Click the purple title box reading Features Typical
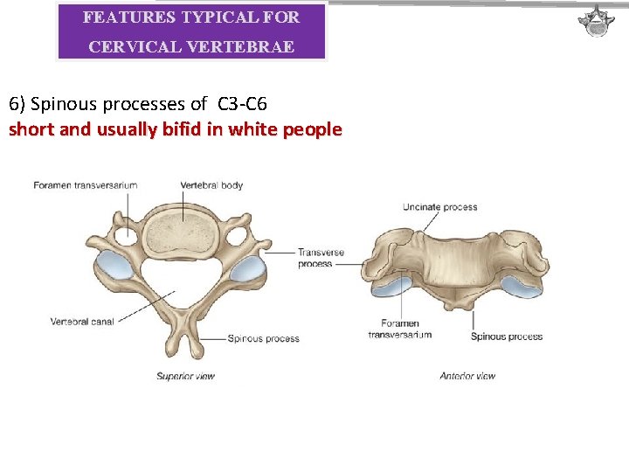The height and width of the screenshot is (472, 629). click(x=191, y=31)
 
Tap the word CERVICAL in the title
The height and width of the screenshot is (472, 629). click(x=131, y=47)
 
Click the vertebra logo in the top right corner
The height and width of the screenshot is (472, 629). click(x=598, y=22)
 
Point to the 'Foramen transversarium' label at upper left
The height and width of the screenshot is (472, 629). click(x=86, y=185)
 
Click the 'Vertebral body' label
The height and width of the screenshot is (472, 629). click(x=211, y=185)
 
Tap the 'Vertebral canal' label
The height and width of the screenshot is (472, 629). click(x=82, y=322)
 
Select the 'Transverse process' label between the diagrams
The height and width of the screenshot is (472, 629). click(x=321, y=258)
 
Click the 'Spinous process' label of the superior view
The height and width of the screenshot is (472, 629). click(x=263, y=338)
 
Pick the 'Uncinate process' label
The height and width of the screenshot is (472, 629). click(x=439, y=207)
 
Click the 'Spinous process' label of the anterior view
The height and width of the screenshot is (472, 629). click(x=507, y=337)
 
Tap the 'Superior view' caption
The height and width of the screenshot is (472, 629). click(x=185, y=376)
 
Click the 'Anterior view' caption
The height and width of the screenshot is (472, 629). click(x=467, y=376)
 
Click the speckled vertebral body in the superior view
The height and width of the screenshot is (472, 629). click(x=183, y=231)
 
